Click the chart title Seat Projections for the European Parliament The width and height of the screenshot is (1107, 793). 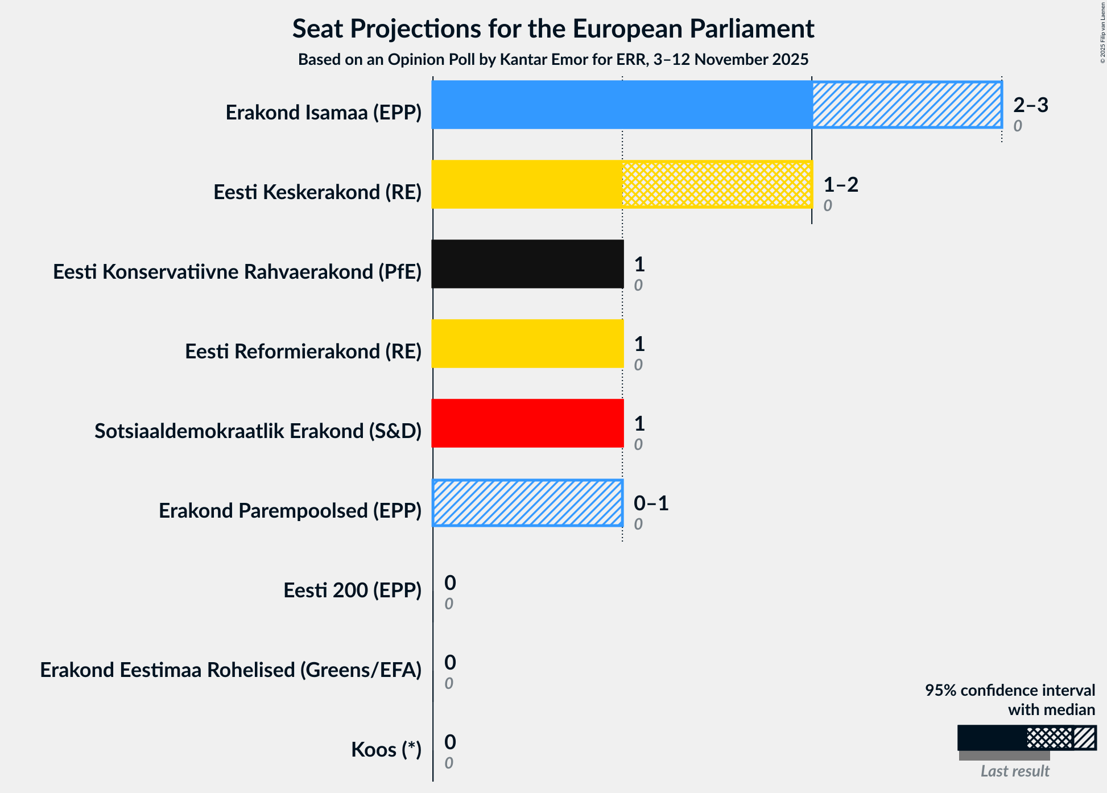(553, 28)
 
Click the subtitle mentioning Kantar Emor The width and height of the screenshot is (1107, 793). (553, 59)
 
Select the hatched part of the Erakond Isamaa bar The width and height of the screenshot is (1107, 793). (906, 105)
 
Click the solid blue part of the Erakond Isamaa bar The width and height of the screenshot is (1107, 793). (621, 105)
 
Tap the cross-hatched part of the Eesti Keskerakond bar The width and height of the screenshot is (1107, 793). (717, 184)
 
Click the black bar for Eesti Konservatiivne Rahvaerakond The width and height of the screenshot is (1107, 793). (527, 264)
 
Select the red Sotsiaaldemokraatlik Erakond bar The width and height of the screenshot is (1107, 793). (527, 423)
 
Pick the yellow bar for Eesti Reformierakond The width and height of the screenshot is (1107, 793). (527, 344)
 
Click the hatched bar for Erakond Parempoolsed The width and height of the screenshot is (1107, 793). (527, 503)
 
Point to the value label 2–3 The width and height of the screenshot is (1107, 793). (1030, 105)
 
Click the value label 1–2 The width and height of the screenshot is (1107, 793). (840, 184)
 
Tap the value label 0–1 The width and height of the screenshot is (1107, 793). (651, 503)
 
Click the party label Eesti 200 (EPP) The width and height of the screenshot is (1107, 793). (352, 590)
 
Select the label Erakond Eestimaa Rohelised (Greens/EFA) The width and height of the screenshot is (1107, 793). (230, 670)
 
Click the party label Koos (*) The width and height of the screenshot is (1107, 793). (386, 750)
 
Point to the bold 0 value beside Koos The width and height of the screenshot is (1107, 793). (450, 742)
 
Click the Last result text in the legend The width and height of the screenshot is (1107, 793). (1014, 771)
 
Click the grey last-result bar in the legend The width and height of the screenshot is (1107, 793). (1004, 756)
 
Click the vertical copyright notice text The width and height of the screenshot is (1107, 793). (1102, 32)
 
